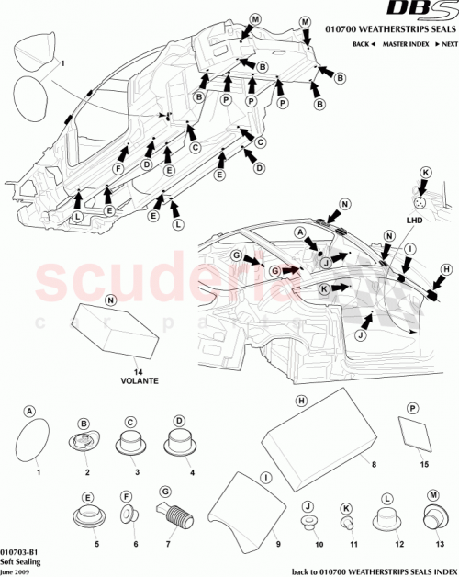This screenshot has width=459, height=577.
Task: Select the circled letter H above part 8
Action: pyautogui.click(x=299, y=401)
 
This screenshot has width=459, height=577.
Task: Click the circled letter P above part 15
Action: pyautogui.click(x=412, y=407)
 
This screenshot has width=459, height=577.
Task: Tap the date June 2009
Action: pyautogui.click(x=16, y=571)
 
